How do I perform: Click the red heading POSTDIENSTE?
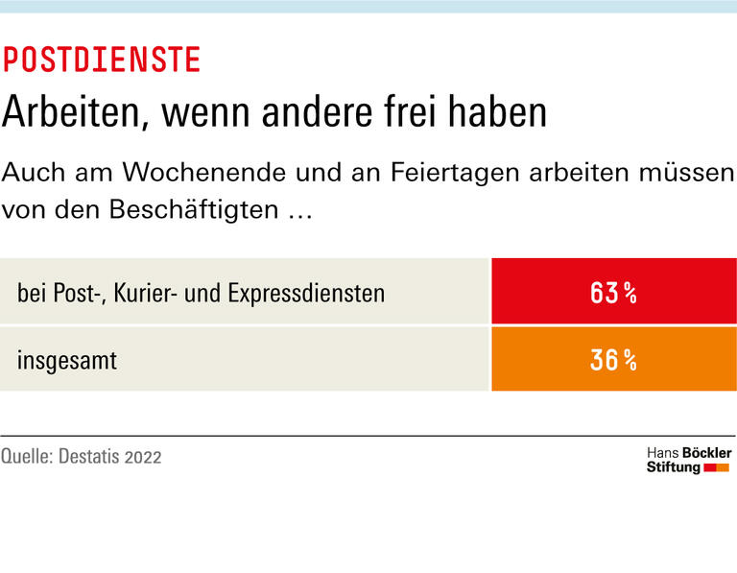click(102, 60)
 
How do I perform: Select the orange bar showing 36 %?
click(613, 360)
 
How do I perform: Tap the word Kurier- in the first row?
click(143, 293)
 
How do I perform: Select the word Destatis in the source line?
click(93, 456)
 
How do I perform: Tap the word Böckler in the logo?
click(705, 452)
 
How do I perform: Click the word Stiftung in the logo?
click(673, 467)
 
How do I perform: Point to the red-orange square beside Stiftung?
click(717, 467)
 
